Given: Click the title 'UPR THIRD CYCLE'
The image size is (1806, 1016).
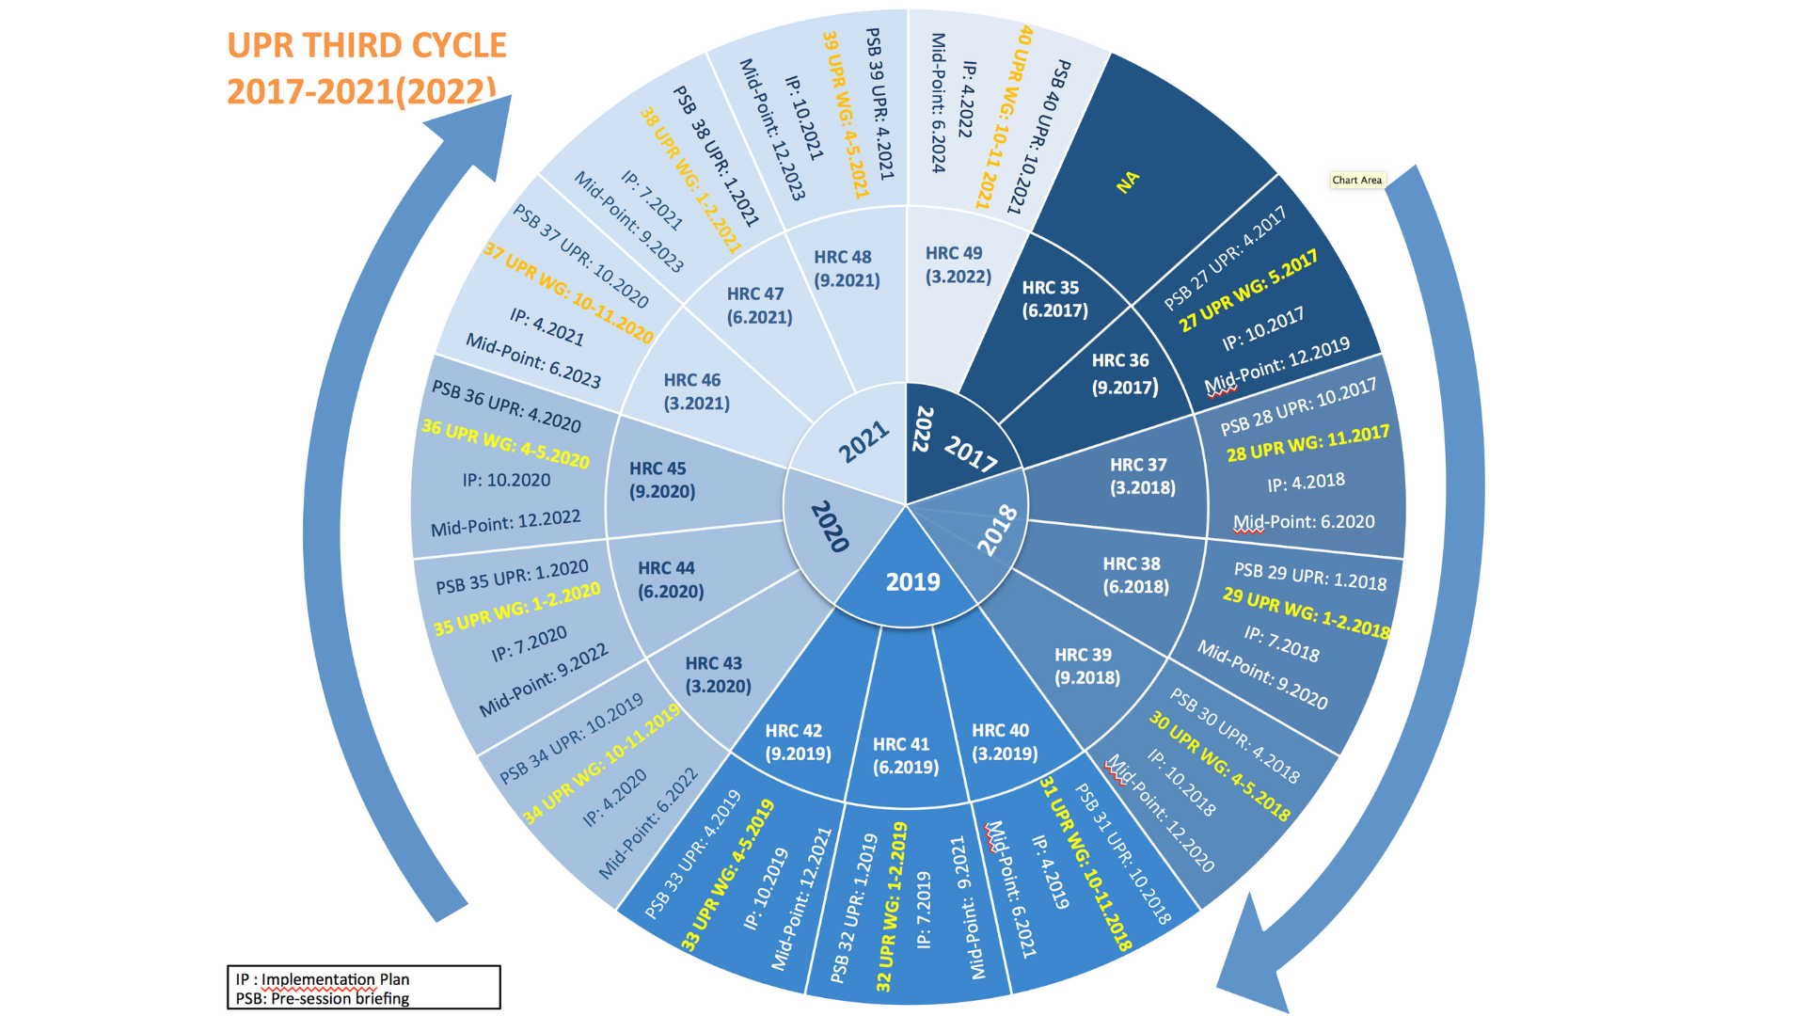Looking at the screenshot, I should click(x=367, y=45).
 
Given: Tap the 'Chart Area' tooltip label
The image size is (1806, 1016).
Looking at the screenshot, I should click(x=1356, y=180).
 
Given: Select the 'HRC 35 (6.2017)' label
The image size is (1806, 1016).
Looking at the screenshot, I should click(x=1054, y=299).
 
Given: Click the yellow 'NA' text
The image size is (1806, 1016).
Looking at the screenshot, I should click(x=1128, y=182).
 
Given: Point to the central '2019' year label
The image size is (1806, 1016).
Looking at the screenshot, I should click(x=912, y=582).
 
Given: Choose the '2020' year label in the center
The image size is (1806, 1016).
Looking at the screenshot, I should click(x=830, y=526).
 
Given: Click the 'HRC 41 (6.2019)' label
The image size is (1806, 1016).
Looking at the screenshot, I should click(x=905, y=755).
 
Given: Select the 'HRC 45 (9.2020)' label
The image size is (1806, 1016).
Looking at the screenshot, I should click(x=662, y=480).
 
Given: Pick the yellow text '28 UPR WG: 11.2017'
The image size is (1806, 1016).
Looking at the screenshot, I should click(x=1307, y=442).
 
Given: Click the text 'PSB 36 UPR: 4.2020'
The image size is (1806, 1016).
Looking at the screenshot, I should click(x=506, y=406).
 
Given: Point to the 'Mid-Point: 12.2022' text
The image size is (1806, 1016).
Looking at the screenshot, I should click(x=505, y=523).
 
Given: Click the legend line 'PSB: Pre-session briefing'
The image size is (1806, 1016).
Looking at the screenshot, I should click(x=323, y=998).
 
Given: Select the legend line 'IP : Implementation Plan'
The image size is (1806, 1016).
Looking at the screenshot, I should click(x=323, y=979).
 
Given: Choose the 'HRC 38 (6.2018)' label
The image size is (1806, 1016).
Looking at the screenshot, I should click(x=1135, y=575).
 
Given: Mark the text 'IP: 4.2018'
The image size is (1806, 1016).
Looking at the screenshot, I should click(x=1306, y=483).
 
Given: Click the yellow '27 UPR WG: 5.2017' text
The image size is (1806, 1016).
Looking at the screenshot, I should click(x=1248, y=291).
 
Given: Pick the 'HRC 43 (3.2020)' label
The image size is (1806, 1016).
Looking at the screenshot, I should click(x=718, y=675).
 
